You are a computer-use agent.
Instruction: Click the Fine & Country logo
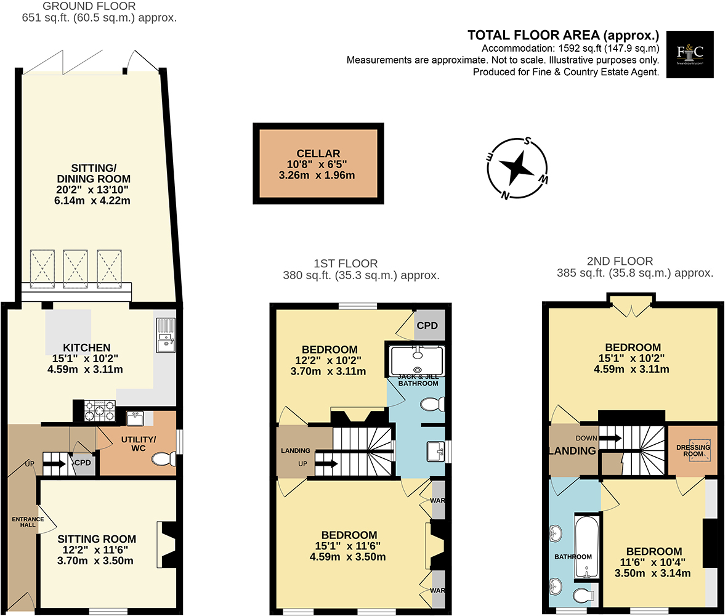pyautogui.click(x=689, y=54)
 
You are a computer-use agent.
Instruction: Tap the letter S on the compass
pyautogui.click(x=527, y=141)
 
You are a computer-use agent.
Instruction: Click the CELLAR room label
pyautogui.click(x=318, y=153)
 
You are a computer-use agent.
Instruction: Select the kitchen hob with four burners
pyautogui.click(x=99, y=410)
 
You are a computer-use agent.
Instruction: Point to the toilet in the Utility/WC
pyautogui.click(x=164, y=459)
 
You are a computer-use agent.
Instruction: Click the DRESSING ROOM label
pyautogui.click(x=693, y=450)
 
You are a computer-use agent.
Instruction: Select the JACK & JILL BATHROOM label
pyautogui.click(x=418, y=380)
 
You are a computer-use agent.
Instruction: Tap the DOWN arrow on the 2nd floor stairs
pyautogui.click(x=610, y=438)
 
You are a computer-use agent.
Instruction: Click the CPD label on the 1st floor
pyautogui.click(x=427, y=325)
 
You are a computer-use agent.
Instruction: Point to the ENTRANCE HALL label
pyautogui.click(x=28, y=522)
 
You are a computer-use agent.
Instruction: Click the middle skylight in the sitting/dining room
pyautogui.click(x=75, y=269)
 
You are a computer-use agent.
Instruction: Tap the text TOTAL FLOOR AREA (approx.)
pyautogui.click(x=563, y=35)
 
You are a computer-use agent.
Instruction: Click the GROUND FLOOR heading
pyautogui.click(x=89, y=7)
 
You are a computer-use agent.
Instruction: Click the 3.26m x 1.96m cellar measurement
pyautogui.click(x=317, y=175)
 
